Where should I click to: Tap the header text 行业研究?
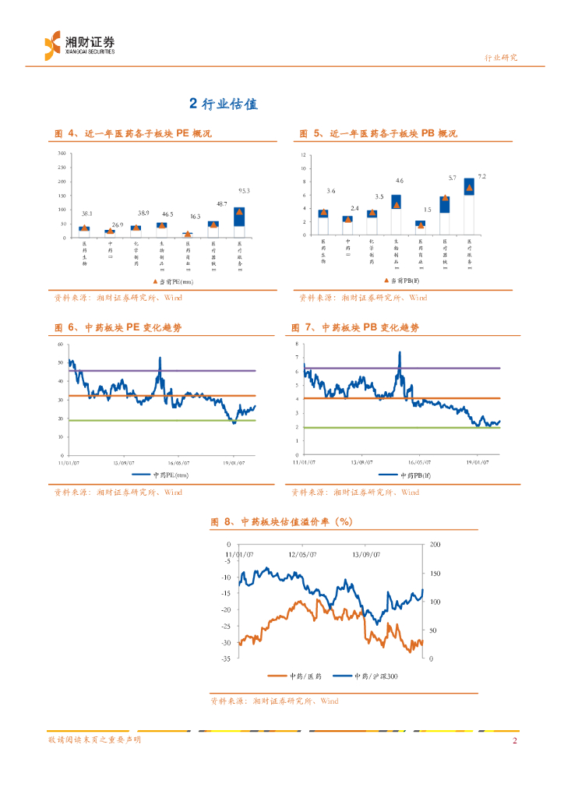point(501,58)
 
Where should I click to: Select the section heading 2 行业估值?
point(224,104)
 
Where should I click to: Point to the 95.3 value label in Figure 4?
point(244,190)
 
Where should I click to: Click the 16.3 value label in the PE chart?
point(195,217)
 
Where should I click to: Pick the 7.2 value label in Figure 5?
point(481,177)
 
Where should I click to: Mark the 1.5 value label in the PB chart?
point(428,210)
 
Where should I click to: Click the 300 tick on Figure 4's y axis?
point(62,153)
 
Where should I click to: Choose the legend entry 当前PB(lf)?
point(404,279)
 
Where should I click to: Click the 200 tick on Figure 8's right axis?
point(435,544)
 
